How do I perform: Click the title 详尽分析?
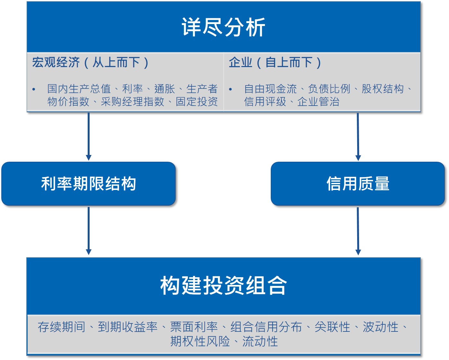point(224,27)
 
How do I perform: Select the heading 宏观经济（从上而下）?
point(90,62)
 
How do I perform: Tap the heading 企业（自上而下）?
point(275,62)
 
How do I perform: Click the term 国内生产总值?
point(79,89)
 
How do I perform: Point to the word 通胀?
point(165,89)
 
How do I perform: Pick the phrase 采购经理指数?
point(133,101)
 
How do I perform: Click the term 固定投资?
point(197,101)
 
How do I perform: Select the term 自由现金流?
point(270,89)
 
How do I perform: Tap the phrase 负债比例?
point(329,89)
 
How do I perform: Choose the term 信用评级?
point(265,101)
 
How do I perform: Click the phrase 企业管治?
point(318,101)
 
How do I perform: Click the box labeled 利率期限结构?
point(88,184)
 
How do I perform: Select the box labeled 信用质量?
point(357,184)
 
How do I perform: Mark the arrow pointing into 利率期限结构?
point(89,137)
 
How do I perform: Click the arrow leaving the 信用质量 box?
point(358,231)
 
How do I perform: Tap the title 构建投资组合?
point(224,285)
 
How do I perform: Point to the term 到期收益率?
point(128,327)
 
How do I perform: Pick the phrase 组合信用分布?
point(266,327)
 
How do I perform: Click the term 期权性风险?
point(200,341)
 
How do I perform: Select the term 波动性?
point(381,327)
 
